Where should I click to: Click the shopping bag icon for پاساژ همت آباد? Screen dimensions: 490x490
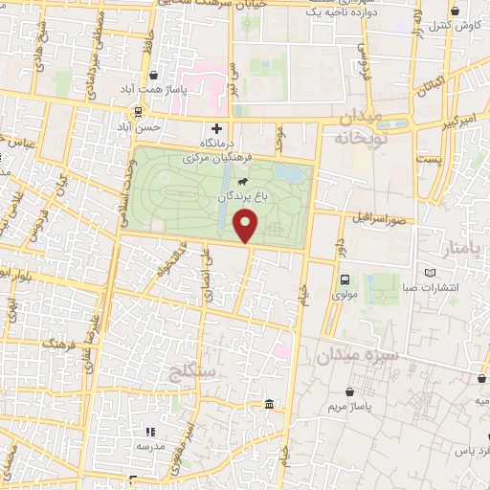tap(153, 76)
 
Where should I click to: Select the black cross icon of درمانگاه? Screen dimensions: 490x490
tap(217, 127)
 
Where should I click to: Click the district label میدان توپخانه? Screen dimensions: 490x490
tap(359, 128)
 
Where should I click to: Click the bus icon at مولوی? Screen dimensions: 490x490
tap(344, 280)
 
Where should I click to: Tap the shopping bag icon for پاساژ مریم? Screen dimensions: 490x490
tap(351, 391)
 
